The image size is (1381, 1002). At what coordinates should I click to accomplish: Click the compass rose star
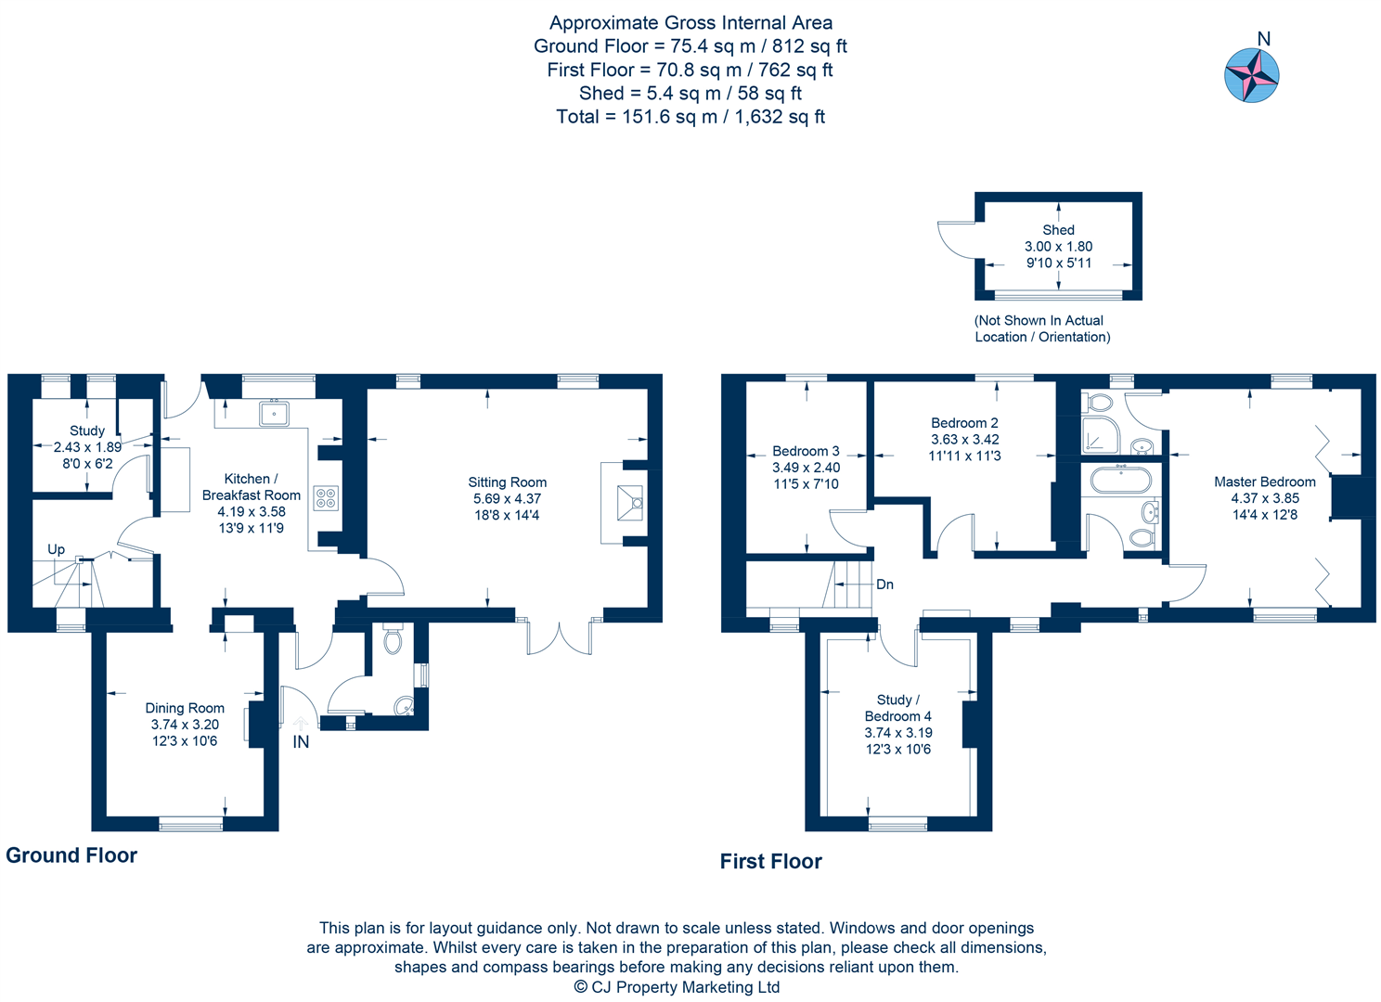click(x=1252, y=75)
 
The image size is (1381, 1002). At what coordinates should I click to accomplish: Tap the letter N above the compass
click(x=1263, y=39)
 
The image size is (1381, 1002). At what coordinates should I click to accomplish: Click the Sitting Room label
click(x=507, y=482)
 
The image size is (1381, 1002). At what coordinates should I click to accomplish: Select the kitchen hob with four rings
click(x=326, y=498)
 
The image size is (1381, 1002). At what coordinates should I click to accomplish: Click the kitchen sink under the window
click(x=274, y=413)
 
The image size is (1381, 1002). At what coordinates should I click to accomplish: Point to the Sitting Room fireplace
click(x=631, y=503)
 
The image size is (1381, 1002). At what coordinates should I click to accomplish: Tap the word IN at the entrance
click(x=301, y=742)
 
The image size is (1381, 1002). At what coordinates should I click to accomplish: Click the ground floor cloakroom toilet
click(x=393, y=640)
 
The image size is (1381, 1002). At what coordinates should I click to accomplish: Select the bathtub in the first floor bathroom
click(x=1121, y=481)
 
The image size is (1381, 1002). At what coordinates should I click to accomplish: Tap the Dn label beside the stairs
click(x=884, y=584)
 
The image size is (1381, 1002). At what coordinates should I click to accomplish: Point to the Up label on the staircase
click(x=56, y=549)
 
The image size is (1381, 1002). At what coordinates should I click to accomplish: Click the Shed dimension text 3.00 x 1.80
click(x=1058, y=247)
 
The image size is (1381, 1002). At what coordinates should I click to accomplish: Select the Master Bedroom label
click(x=1264, y=482)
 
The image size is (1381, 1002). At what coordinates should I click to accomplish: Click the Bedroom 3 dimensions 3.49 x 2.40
click(x=806, y=468)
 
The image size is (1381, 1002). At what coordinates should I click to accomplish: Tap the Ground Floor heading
click(x=71, y=855)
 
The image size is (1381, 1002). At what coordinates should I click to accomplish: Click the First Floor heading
click(x=770, y=861)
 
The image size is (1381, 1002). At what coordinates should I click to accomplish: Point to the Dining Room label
click(x=185, y=708)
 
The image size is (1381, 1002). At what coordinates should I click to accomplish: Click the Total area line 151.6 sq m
click(x=690, y=117)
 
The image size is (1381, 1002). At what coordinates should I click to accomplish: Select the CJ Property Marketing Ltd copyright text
click(x=677, y=987)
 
